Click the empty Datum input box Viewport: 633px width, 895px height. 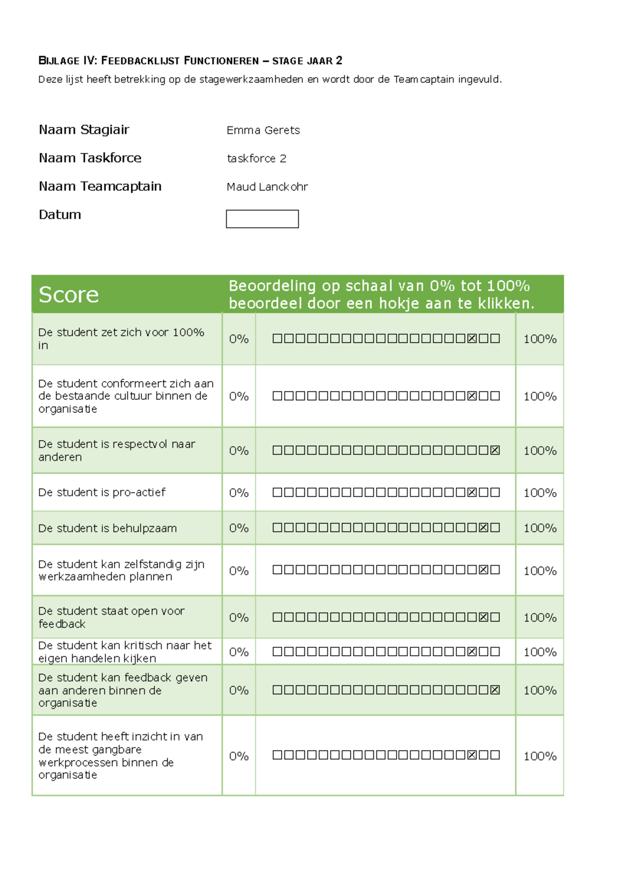coord(262,219)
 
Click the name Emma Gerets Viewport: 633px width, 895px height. coord(263,130)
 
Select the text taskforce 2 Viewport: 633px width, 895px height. coord(256,159)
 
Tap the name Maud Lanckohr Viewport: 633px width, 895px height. coord(267,187)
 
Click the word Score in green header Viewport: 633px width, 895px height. coord(69,295)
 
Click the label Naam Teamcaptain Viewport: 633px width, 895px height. coord(100,186)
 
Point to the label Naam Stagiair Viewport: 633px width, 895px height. coord(84,130)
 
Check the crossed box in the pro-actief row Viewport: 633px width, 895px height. coord(472,492)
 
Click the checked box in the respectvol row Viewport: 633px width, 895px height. coord(495,451)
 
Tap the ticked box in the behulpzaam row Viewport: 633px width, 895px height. coord(483,528)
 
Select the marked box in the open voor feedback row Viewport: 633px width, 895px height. coord(483,617)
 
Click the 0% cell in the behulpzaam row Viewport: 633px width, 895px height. coord(238,528)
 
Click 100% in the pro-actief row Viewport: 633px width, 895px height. coord(540,493)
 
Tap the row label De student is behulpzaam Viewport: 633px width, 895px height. coord(108,528)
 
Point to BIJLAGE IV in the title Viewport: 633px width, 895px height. coord(68,61)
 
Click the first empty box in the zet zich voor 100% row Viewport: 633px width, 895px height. coord(277,338)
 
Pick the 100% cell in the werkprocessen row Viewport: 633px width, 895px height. coord(540,756)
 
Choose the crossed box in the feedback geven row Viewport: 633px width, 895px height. coord(495,690)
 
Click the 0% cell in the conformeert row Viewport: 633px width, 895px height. coord(238,396)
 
